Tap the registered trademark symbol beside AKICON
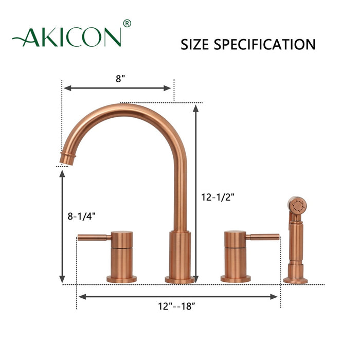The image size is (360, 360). pos(128,23)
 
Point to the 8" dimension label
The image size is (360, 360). pos(120,79)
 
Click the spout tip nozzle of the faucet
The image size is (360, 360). pos(66,157)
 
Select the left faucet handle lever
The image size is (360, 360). pos(93,237)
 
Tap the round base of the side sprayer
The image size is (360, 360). pos(297,280)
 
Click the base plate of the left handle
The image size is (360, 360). pos(122,279)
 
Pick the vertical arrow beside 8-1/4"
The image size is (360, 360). pos(62,226)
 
